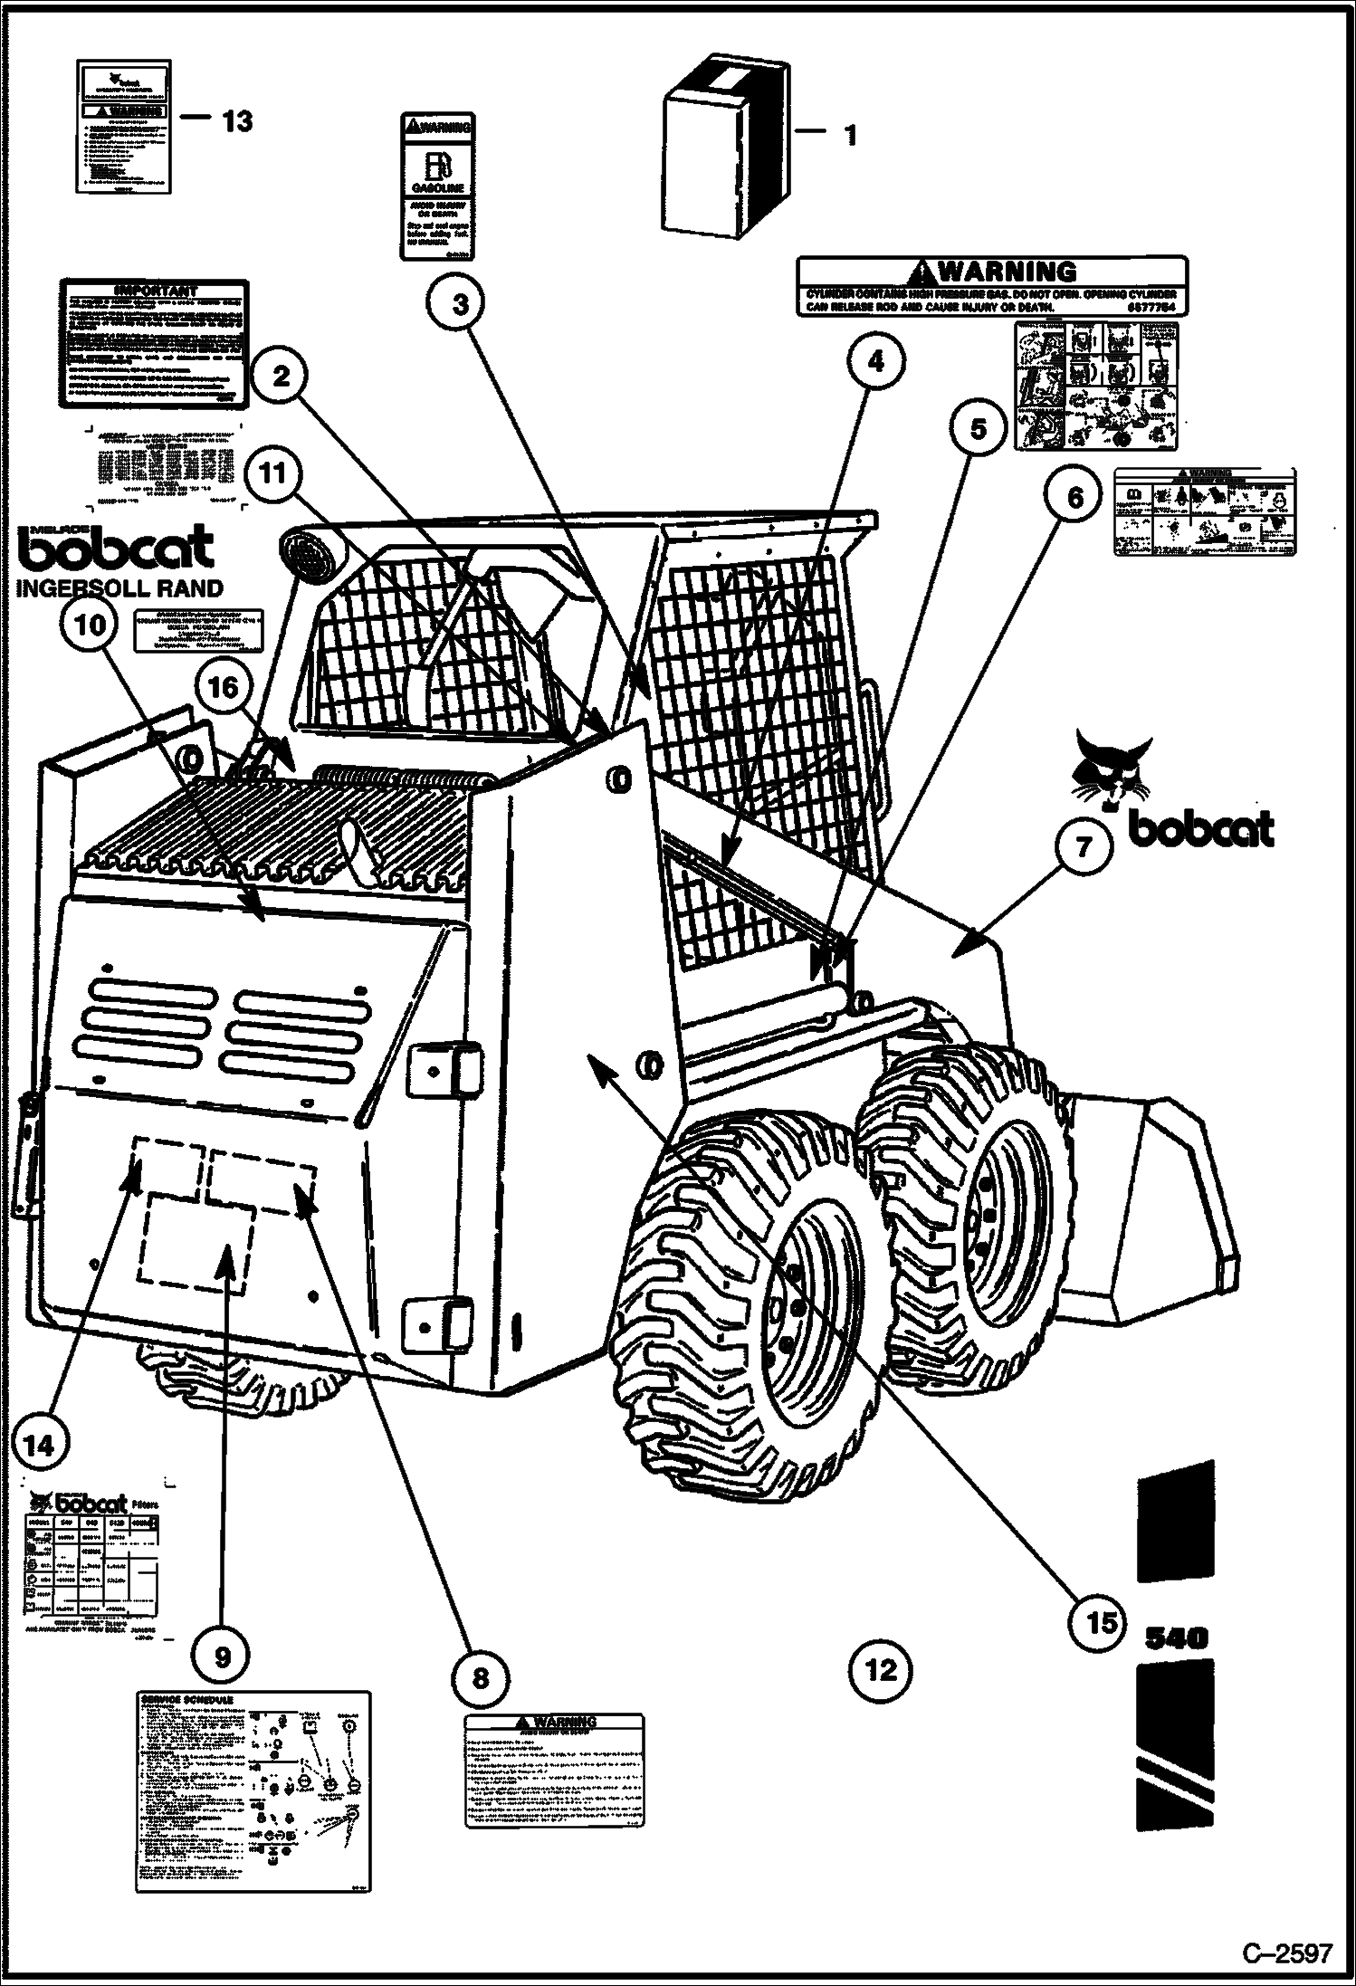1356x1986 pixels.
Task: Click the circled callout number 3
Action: point(461,304)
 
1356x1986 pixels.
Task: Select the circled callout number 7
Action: point(1084,847)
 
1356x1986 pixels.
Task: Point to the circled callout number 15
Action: point(1102,1621)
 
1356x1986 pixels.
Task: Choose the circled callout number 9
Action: point(223,1656)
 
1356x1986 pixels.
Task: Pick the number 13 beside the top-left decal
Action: point(236,120)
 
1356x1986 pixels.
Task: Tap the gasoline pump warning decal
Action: point(437,186)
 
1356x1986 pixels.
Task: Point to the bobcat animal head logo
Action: point(1111,766)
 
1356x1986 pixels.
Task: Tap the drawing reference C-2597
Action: point(1286,1950)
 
